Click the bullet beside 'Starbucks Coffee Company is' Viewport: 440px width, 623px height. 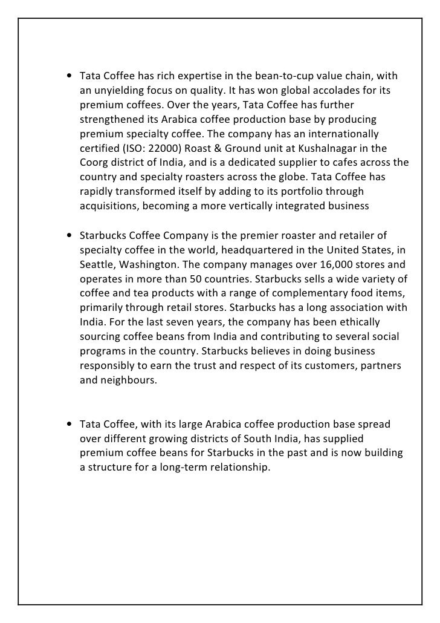click(x=70, y=235)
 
